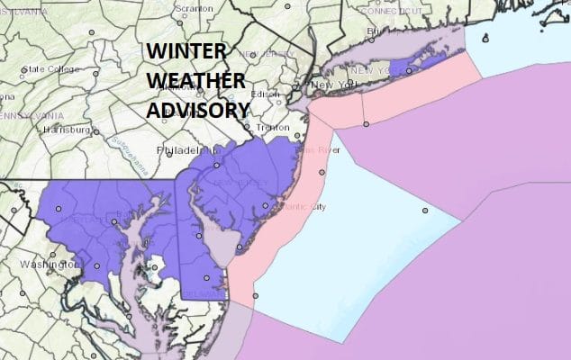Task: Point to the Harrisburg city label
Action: (x=68, y=130)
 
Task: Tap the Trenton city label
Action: (x=271, y=128)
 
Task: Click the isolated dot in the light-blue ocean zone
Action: (x=424, y=211)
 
